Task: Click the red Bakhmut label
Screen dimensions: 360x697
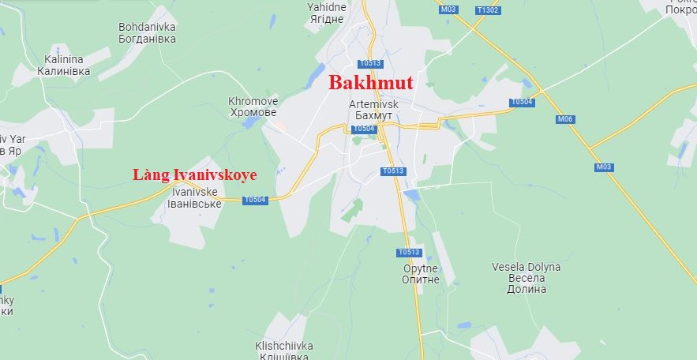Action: click(370, 82)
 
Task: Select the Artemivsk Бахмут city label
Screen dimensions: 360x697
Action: click(373, 110)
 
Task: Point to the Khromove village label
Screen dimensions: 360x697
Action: click(253, 107)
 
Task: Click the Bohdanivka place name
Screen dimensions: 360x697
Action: click(147, 32)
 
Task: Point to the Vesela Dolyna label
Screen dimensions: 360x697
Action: click(526, 278)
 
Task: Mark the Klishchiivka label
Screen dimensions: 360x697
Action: click(284, 351)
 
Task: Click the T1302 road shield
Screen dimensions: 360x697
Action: click(488, 10)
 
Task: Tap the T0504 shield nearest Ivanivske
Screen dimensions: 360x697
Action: click(256, 200)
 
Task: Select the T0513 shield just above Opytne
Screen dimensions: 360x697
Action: click(410, 253)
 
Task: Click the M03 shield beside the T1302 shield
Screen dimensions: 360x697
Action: click(448, 9)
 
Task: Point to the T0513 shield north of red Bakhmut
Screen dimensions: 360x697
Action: click(369, 63)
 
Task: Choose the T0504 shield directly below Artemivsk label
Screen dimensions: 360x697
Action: click(364, 129)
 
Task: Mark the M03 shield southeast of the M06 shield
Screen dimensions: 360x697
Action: click(604, 167)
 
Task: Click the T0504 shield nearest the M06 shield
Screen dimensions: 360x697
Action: click(521, 102)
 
